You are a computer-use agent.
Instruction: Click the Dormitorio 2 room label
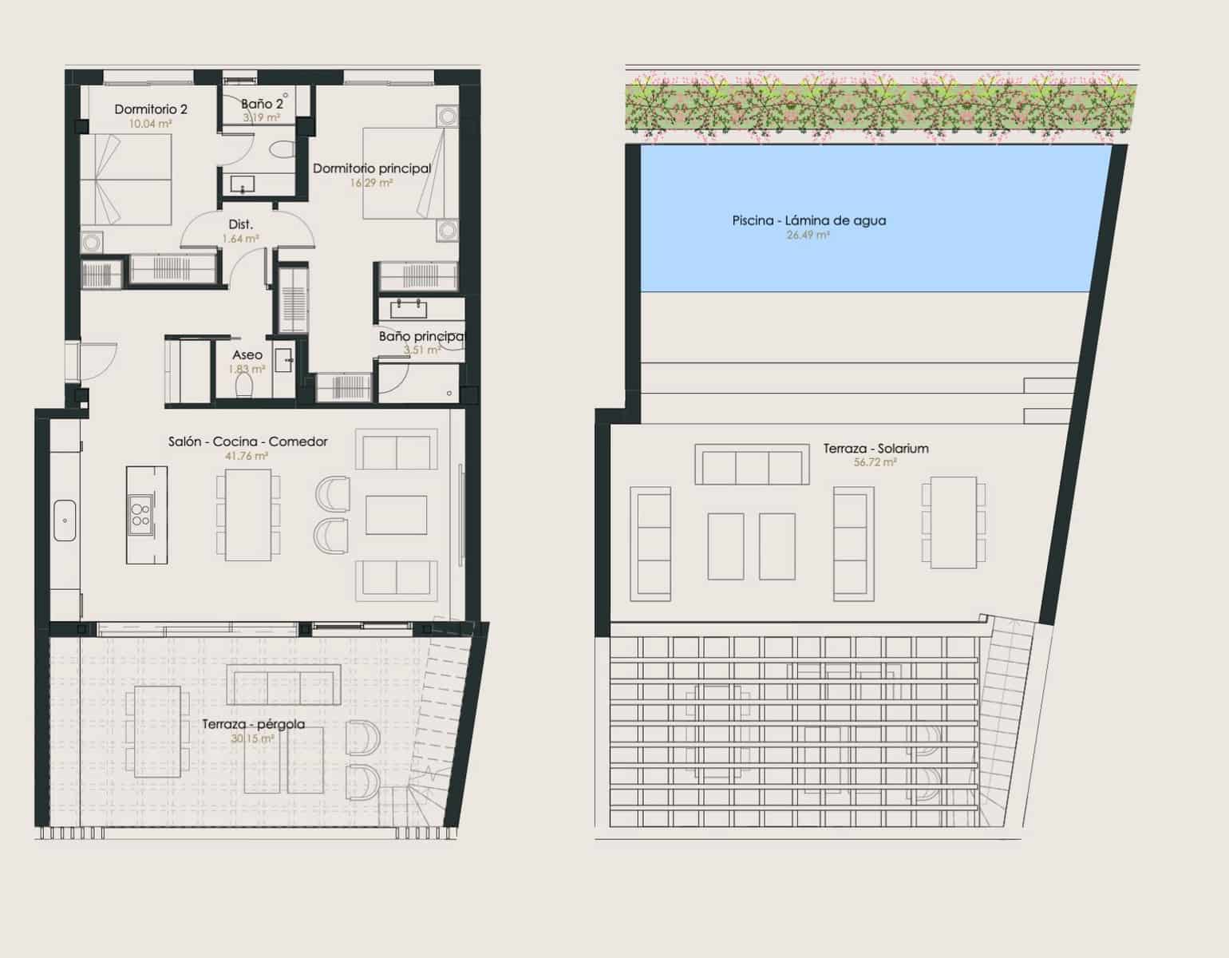151,109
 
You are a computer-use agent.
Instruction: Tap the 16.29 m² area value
371,183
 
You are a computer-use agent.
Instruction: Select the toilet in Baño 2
281,149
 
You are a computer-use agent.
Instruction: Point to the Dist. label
240,225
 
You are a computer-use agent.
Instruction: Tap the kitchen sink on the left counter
65,521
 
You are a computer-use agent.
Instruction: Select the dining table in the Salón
248,515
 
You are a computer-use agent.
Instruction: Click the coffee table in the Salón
396,515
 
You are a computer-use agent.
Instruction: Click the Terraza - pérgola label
253,724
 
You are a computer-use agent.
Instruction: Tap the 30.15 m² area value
252,739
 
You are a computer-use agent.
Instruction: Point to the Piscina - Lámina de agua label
808,220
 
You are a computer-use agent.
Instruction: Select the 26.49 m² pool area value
808,236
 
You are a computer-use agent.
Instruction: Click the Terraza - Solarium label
875,449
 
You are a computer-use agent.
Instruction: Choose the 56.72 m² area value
875,462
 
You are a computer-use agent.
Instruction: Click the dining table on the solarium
954,522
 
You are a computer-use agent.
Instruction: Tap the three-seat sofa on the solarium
752,465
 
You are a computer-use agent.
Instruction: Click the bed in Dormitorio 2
126,180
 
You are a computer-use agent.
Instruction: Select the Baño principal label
421,337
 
